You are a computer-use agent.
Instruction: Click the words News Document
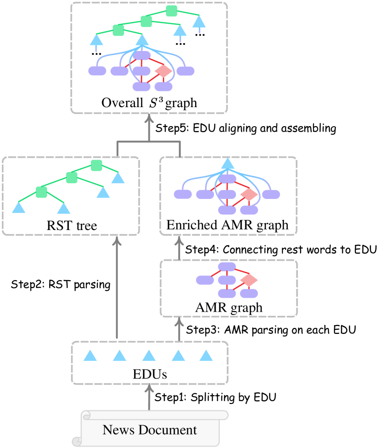coord(149,430)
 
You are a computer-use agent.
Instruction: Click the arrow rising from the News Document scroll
coord(149,397)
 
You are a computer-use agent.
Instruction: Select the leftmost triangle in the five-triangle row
coord(90,356)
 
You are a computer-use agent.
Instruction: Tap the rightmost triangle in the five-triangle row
coord(206,356)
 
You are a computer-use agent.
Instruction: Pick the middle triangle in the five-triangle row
coord(148,356)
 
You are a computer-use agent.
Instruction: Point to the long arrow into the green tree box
coord(117,288)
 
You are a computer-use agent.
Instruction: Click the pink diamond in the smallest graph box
coord(249,280)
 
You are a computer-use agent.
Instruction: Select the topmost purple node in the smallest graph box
coord(227,266)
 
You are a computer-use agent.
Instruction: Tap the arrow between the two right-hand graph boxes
coord(179,248)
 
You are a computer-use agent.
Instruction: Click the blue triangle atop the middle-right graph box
coord(227,164)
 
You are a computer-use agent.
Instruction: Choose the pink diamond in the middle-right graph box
coord(249,194)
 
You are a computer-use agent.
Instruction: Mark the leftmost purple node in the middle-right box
coord(183,194)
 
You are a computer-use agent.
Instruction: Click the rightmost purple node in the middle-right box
coord(271,194)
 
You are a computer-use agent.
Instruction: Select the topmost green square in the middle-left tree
coord(96,165)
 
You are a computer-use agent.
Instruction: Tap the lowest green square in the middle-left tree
coord(42,192)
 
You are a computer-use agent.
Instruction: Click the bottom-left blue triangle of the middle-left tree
coord(19,208)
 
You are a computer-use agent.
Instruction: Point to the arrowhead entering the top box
coord(149,119)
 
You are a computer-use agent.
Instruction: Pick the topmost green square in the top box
coord(172,11)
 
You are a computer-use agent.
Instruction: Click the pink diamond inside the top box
coord(163,71)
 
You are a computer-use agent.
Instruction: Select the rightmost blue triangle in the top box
coord(199,22)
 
